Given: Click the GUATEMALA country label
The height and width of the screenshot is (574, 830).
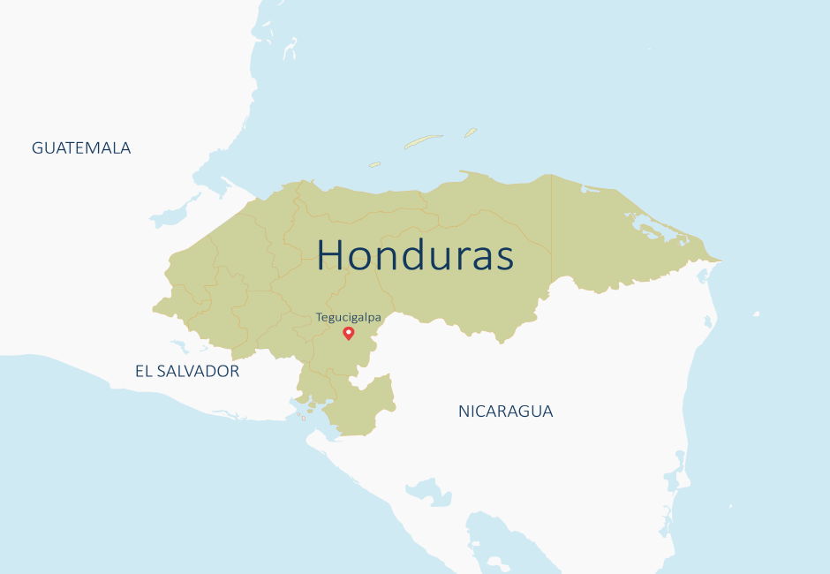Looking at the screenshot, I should (x=81, y=148).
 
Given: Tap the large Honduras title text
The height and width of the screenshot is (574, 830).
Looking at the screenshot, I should (x=415, y=255).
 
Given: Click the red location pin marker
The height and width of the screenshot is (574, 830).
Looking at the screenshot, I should (x=349, y=332).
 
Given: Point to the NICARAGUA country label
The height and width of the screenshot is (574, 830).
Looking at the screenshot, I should (x=505, y=412).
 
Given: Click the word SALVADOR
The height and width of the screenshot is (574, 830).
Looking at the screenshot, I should (x=198, y=372).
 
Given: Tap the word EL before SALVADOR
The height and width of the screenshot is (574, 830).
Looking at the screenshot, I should (x=144, y=372).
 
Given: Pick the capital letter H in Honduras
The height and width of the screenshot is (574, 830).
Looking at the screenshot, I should (x=332, y=255).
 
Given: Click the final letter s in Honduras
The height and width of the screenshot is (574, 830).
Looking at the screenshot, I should (x=503, y=257).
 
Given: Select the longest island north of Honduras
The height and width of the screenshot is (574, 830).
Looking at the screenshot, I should (x=423, y=141).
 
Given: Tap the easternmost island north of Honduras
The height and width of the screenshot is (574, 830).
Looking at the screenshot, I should (x=471, y=132).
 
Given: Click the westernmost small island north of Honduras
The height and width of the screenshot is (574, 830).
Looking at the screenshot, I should (x=374, y=164).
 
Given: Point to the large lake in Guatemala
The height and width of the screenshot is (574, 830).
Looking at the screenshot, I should (x=173, y=215).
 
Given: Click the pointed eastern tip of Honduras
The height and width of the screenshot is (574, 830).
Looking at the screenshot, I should (x=720, y=261).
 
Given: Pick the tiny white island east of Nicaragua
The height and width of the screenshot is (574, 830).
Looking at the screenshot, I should (x=756, y=313).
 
